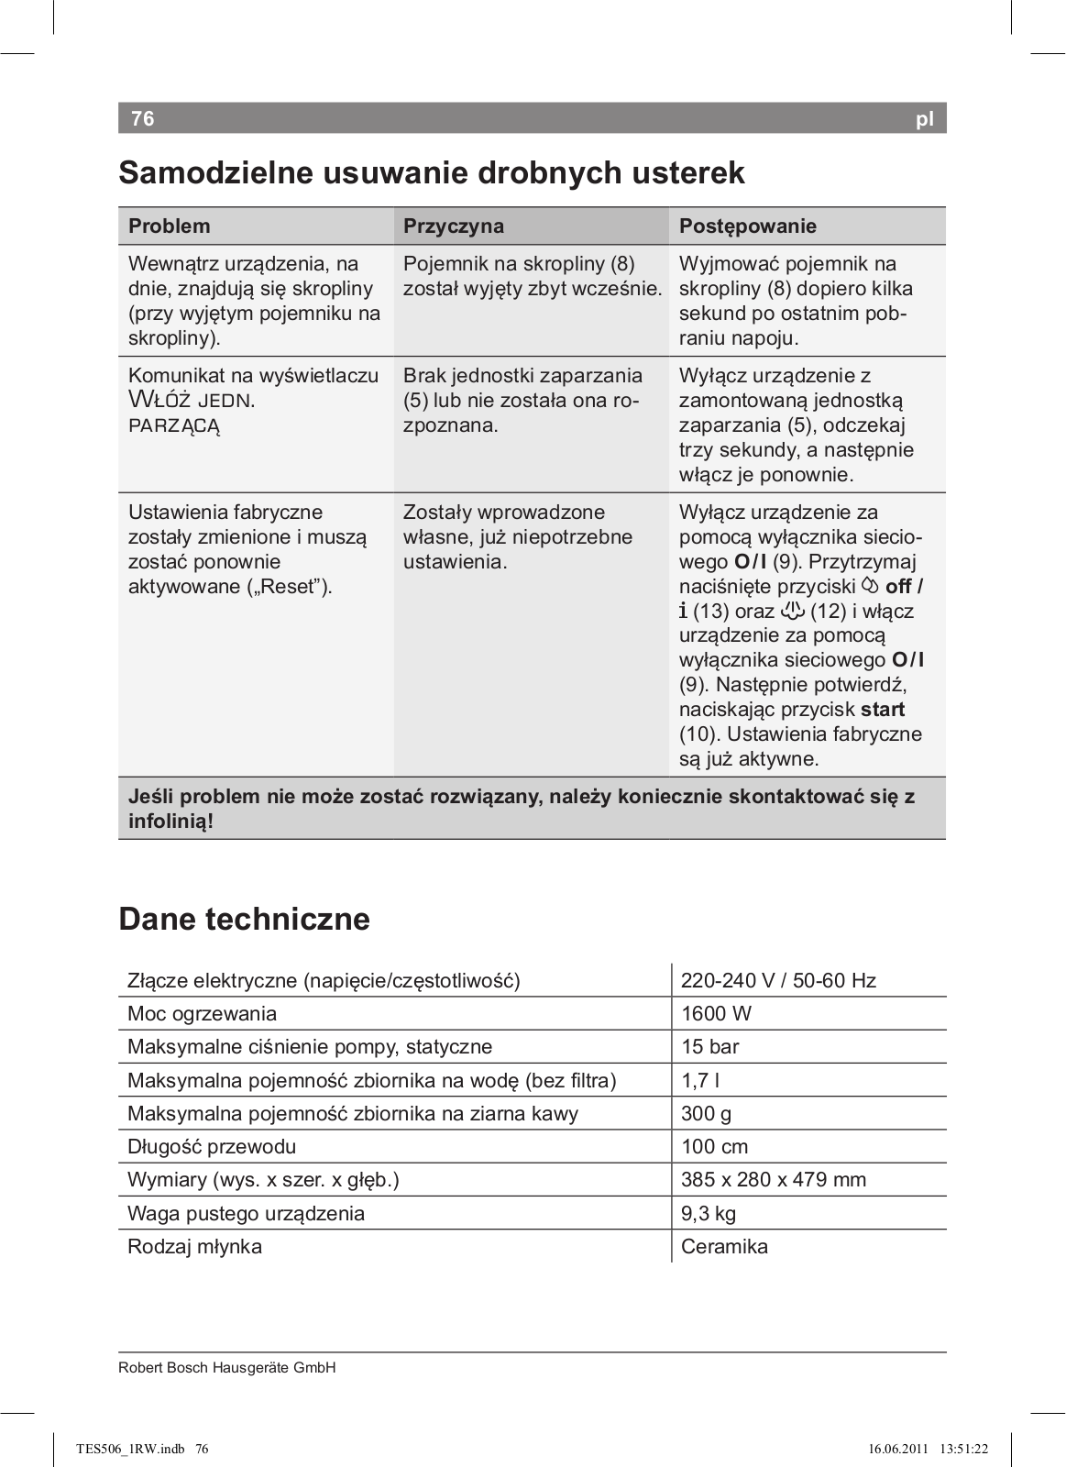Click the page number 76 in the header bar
point(143,118)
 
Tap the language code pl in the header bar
point(924,119)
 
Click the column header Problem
point(170,226)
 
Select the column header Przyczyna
point(454,226)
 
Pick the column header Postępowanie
point(747,226)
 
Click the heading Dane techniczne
point(245,919)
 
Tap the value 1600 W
point(716,1013)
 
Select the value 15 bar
point(709,1046)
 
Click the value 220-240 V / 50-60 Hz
point(778,980)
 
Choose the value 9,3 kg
point(709,1213)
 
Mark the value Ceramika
point(724,1246)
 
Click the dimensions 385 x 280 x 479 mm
point(774,1179)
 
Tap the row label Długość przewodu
point(212,1146)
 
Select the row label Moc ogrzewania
point(202,1013)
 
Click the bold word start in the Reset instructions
point(883,710)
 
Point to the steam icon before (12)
point(792,611)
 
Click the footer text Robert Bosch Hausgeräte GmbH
point(227,1367)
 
